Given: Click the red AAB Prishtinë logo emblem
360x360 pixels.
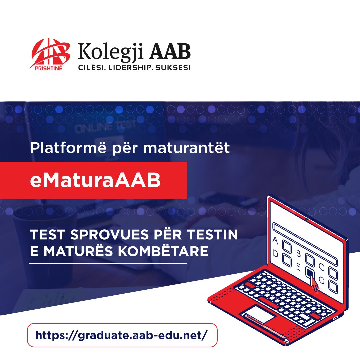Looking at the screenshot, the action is [50, 54].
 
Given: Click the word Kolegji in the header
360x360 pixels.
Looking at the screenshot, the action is [111, 52].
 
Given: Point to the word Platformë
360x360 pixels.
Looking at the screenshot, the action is [68, 148].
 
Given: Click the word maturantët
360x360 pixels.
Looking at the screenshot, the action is [186, 148].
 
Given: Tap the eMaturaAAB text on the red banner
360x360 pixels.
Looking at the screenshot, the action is [95, 180].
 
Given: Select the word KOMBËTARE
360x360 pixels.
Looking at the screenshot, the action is [163, 251].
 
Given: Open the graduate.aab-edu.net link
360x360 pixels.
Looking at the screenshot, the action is [122, 335].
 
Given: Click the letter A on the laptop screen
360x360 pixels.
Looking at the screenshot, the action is [275, 241].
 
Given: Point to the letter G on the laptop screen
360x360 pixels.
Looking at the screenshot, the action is [322, 281].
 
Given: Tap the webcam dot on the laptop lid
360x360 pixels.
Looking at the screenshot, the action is [307, 219].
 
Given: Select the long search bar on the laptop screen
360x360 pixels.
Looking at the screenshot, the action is [305, 244].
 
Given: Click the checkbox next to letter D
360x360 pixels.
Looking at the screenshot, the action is [287, 260].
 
